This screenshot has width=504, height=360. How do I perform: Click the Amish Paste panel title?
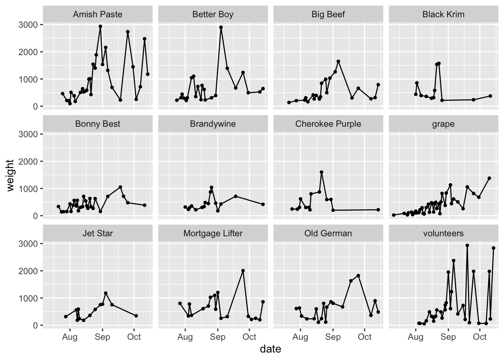[97, 15]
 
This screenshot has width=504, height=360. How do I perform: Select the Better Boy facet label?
[213, 15]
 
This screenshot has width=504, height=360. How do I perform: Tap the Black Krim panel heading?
[443, 15]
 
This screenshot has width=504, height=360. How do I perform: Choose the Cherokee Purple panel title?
[328, 124]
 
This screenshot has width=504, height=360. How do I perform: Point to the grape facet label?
[443, 124]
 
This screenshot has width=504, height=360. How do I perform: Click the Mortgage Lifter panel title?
[213, 234]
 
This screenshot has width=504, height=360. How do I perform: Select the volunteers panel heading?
[443, 234]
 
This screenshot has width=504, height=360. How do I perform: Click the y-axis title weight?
[10, 175]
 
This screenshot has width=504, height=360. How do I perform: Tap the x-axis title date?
[270, 349]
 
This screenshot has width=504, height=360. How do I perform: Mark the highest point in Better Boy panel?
[221, 27]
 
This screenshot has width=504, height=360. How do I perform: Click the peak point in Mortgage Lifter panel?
[243, 270]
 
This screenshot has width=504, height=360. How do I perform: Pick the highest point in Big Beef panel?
[338, 61]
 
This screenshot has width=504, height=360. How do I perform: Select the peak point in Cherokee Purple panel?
[321, 172]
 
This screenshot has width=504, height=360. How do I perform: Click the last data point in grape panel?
[489, 178]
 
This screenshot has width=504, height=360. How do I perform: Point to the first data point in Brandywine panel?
[185, 207]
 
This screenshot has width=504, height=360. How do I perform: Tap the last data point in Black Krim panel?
[490, 96]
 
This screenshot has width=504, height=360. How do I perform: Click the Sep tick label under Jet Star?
[102, 337]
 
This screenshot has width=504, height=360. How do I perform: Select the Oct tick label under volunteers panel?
[480, 337]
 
